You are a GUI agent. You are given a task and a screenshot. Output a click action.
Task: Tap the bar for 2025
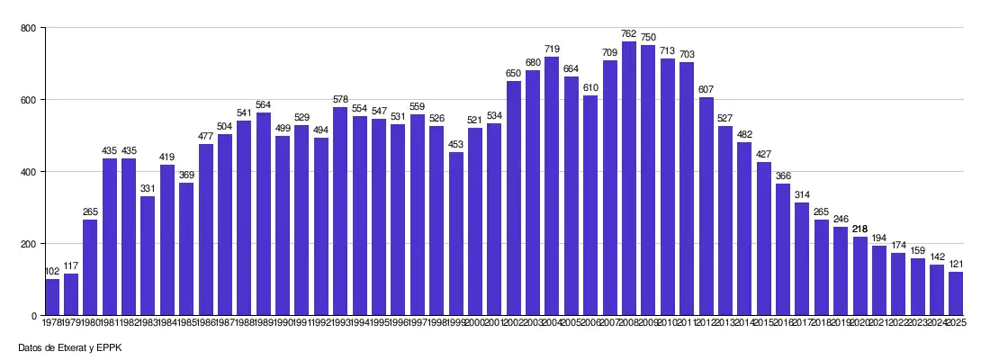[x=956, y=293]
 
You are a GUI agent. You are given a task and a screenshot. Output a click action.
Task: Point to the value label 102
[x=52, y=272]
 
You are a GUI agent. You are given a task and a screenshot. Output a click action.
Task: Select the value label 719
[x=552, y=49]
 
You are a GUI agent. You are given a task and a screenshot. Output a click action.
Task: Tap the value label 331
[x=148, y=189]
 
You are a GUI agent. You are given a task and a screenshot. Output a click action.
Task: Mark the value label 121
[x=956, y=265]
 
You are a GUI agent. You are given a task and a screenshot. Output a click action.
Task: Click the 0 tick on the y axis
[x=32, y=316]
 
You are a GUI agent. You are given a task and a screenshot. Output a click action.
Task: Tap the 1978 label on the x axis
[x=52, y=322]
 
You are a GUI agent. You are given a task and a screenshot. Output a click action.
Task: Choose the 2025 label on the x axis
[x=956, y=322]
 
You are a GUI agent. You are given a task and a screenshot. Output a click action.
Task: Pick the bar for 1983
[x=148, y=256]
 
